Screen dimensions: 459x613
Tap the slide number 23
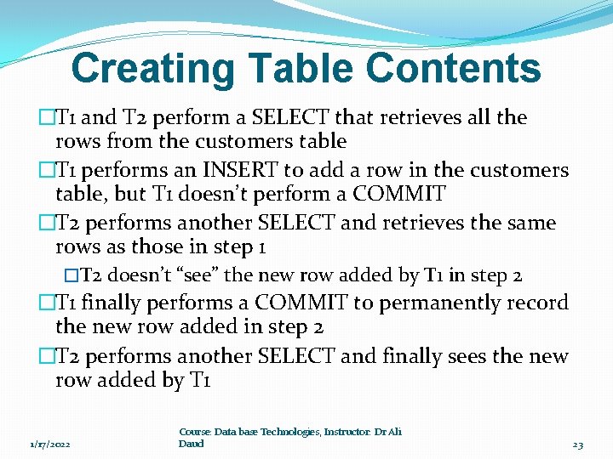[578, 445]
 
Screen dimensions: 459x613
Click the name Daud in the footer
[192, 444]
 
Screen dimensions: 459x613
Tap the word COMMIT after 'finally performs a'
[301, 303]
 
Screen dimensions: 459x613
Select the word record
[537, 303]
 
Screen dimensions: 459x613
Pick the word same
[530, 223]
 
